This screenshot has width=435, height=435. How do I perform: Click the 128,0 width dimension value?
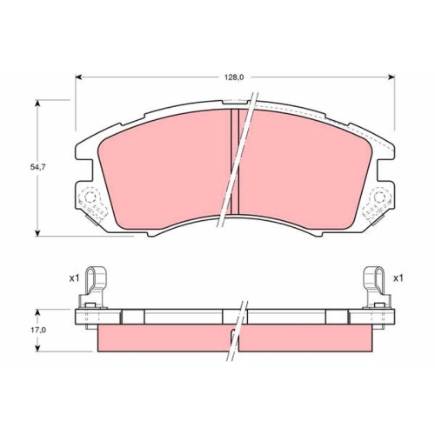pyautogui.click(x=235, y=77)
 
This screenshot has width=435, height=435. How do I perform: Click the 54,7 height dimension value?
pyautogui.click(x=37, y=167)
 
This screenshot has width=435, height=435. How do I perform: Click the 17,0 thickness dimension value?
pyautogui.click(x=37, y=330)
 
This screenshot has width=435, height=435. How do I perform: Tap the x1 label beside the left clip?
pyautogui.click(x=74, y=278)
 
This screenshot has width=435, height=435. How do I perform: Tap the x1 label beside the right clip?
pyautogui.click(x=398, y=278)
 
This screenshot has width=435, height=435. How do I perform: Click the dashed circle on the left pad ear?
pyautogui.click(x=90, y=197)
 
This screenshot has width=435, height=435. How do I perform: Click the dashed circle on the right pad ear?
pyautogui.click(x=379, y=197)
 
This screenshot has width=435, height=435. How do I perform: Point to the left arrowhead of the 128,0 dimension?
pyautogui.click(x=77, y=77)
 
